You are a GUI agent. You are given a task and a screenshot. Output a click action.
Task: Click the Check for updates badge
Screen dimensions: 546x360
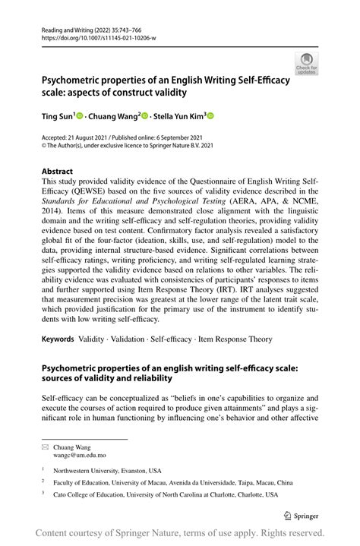(307, 64)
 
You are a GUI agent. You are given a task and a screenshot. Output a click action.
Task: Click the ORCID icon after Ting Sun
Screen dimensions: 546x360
(79, 115)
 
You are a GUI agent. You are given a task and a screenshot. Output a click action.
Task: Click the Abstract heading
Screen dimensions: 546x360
(58, 172)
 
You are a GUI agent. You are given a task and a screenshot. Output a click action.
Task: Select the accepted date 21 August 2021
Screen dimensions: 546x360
(90, 138)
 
